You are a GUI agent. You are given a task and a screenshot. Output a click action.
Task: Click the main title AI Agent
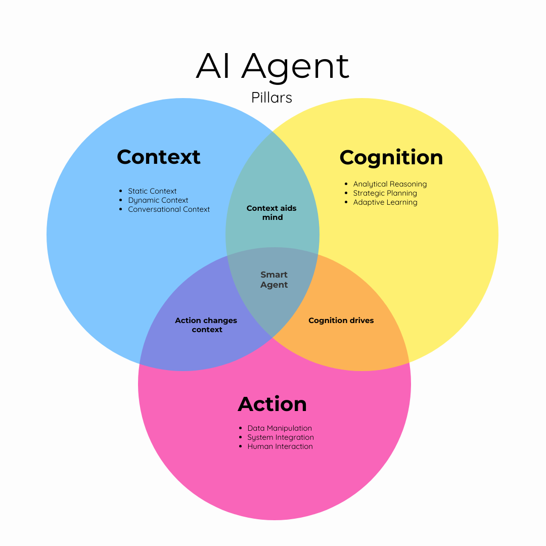272,66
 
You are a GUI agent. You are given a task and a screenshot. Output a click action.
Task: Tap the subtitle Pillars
272,97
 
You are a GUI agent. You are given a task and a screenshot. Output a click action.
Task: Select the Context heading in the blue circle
159,157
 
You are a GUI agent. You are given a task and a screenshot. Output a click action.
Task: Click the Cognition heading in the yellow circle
391,158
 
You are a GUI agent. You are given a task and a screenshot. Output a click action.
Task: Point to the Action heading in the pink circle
272,404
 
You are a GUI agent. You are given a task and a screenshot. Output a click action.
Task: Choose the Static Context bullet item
152,191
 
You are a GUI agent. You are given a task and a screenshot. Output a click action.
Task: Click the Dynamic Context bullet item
158,200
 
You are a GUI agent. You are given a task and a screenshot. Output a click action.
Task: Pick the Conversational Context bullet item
169,209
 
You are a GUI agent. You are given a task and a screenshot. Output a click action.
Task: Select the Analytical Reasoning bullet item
390,184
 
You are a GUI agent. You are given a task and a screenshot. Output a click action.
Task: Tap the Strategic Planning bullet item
385,193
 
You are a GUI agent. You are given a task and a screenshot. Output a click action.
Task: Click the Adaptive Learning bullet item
385,202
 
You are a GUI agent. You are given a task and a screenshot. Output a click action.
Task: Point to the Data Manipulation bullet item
280,428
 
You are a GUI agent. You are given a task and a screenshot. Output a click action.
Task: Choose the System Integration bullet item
281,437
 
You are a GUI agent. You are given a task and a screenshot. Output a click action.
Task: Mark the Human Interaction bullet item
280,446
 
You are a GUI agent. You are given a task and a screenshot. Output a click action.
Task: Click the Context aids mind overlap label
272,213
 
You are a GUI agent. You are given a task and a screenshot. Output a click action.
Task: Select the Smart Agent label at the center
274,280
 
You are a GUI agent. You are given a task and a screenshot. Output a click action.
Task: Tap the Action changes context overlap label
206,325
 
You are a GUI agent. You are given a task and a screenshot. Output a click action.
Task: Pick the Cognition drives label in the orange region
341,321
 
